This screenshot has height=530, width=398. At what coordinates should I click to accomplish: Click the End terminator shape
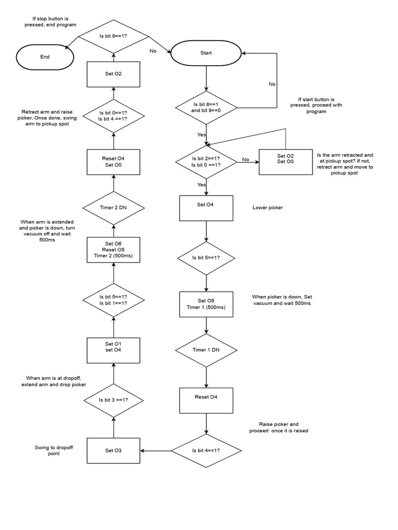tap(45, 57)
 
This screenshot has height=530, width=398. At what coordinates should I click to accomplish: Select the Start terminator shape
tap(206, 53)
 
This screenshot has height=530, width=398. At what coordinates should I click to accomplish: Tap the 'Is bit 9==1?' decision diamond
tap(113, 37)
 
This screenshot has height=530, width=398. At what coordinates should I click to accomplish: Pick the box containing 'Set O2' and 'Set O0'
tap(285, 159)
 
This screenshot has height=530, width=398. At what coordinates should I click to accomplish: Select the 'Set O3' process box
tap(113, 450)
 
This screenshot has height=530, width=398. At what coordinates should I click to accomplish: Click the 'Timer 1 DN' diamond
tap(206, 350)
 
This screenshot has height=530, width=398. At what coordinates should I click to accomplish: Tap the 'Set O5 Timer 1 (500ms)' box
tap(206, 304)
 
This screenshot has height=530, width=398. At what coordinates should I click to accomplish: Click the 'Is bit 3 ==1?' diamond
tap(113, 400)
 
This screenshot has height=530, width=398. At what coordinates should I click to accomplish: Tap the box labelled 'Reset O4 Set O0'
tap(113, 162)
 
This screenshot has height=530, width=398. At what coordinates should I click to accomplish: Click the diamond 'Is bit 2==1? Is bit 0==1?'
tap(206, 161)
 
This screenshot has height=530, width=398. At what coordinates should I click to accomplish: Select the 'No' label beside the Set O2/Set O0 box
tap(246, 159)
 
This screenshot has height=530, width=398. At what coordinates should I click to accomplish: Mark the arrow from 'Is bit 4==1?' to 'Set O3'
tap(155, 450)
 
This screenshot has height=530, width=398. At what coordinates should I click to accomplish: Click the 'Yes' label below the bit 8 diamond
tap(201, 134)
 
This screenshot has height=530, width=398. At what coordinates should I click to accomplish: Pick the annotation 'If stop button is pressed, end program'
tap(51, 21)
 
